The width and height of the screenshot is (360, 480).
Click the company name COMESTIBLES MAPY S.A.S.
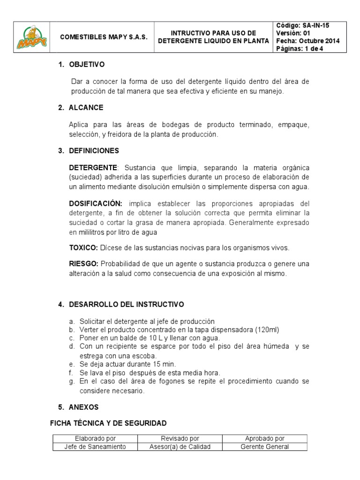(104, 37)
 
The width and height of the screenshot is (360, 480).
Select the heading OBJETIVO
(87, 64)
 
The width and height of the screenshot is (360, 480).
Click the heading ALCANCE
(86, 107)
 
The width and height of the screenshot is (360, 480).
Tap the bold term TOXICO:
(83, 247)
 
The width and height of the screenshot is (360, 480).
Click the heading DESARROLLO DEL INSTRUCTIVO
(126, 304)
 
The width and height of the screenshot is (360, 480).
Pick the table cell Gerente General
(264, 447)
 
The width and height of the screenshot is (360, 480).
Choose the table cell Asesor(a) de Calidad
(180, 447)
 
